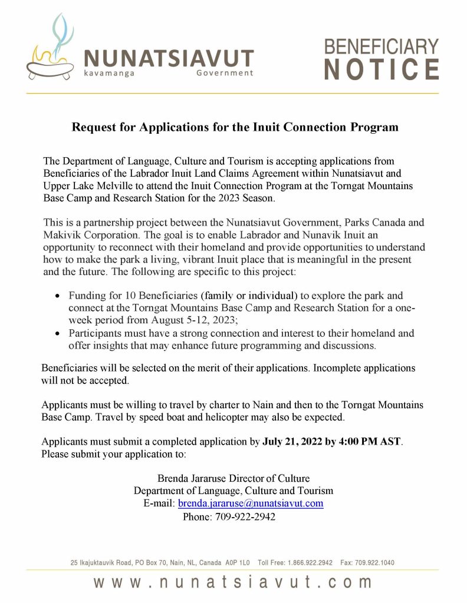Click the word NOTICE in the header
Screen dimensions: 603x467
tap(382, 69)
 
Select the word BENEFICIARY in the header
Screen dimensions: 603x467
tap(382, 46)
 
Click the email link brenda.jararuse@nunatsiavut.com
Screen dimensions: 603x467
tap(251, 503)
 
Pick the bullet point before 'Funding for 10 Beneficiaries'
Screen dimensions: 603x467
tap(57, 296)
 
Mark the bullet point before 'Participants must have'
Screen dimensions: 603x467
tap(57, 333)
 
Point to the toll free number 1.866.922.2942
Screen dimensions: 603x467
tap(312, 562)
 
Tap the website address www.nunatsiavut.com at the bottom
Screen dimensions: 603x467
tap(233, 582)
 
